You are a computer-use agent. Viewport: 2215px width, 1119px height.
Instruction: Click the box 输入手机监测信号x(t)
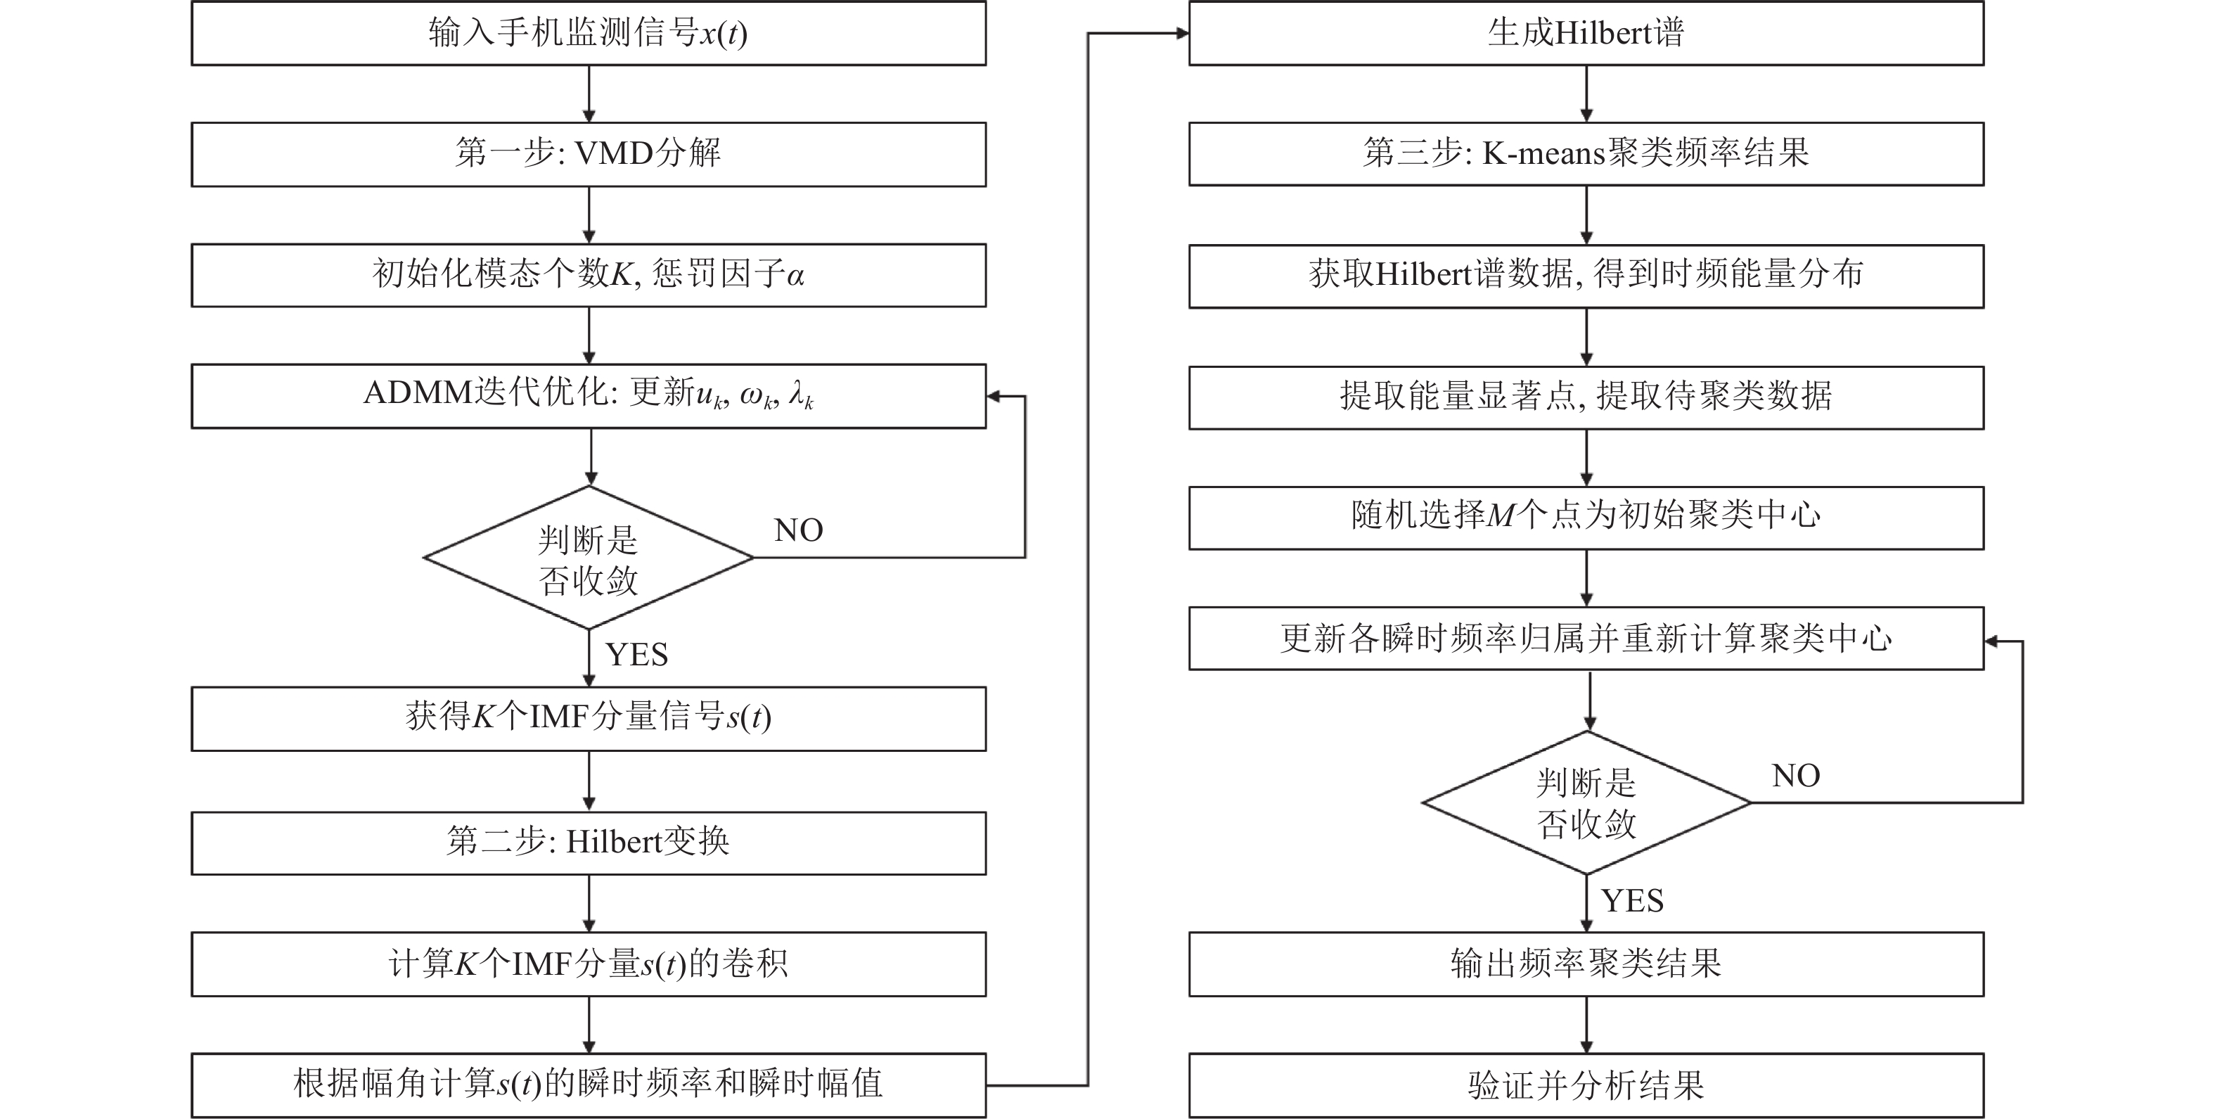point(588,34)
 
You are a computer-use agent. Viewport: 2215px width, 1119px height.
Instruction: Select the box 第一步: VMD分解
point(588,154)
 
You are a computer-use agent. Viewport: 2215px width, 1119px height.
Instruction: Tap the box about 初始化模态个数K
point(588,275)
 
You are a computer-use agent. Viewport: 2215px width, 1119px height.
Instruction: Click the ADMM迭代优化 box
point(588,396)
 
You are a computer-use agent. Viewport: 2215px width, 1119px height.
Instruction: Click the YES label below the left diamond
point(636,656)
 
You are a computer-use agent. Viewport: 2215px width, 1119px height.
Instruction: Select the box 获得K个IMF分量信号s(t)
point(588,718)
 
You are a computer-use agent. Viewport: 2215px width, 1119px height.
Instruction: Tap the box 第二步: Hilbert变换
point(588,842)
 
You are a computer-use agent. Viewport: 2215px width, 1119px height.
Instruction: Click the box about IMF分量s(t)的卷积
point(588,964)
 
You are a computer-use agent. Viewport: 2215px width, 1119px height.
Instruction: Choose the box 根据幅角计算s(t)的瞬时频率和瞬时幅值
point(588,1085)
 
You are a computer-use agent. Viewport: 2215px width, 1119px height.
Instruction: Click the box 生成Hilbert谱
point(1586,34)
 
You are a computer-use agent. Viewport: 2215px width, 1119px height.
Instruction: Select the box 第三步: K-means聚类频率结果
point(1586,154)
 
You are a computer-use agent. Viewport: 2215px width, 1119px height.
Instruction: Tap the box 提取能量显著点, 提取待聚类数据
point(1586,397)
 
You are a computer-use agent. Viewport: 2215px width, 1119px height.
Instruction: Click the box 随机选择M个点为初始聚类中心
point(1586,517)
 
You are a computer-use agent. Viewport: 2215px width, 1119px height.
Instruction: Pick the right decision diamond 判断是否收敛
point(1586,803)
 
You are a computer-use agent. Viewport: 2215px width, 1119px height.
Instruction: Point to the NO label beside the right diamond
point(1795,776)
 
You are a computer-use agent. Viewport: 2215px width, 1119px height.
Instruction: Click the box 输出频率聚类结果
point(1586,964)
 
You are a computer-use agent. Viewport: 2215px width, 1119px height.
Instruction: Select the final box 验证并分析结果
point(1586,1085)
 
